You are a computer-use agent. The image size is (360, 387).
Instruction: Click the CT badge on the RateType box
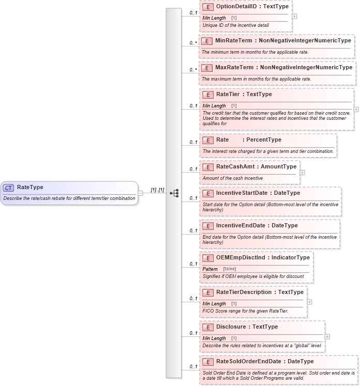coord(9,188)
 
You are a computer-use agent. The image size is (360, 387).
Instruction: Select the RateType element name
coord(30,188)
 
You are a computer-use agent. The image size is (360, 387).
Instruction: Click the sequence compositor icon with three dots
coord(174,193)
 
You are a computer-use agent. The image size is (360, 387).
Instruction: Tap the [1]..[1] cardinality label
coord(157,190)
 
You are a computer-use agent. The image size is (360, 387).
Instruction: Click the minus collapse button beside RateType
coord(140,193)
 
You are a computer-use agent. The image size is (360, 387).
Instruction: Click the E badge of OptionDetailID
coord(208,7)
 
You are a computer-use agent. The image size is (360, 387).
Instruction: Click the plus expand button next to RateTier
coord(356,110)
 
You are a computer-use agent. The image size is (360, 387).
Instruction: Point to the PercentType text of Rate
coord(264,140)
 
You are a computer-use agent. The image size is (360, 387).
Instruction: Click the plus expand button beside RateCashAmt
coord(302,173)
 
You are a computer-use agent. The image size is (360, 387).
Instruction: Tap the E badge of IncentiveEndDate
coord(208,226)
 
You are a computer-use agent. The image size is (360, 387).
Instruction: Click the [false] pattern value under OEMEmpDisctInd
coord(230,269)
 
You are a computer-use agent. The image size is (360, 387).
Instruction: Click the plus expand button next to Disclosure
coord(327,336)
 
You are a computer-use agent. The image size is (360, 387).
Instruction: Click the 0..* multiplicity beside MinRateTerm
coord(193,43)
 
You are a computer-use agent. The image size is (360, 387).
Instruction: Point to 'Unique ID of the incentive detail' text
coord(235,25)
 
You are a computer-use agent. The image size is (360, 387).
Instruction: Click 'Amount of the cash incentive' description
coord(232,178)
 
